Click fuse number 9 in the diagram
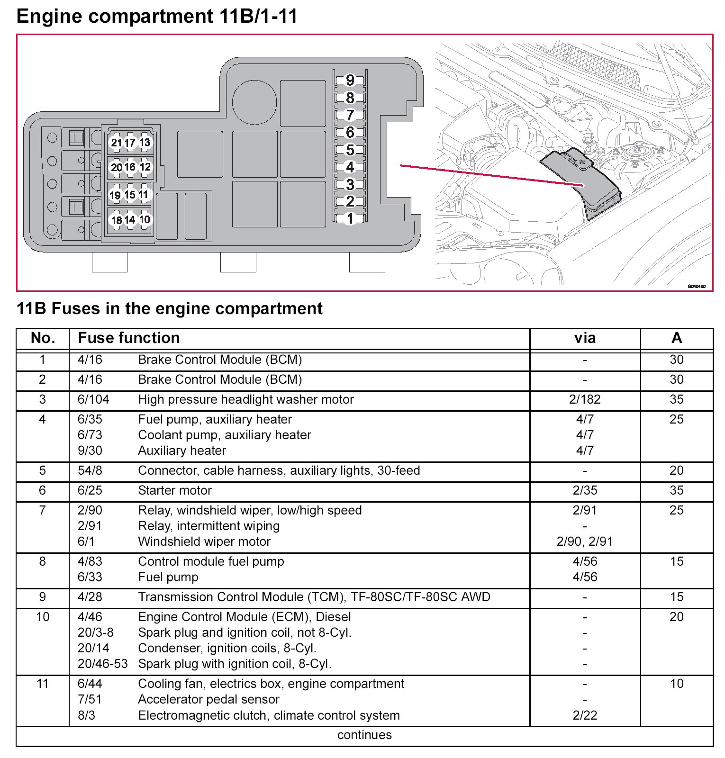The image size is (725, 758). [x=350, y=80]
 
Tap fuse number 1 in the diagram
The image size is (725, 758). [x=350, y=218]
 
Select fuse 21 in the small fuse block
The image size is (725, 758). [x=116, y=142]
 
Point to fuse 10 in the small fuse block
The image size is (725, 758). [x=145, y=219]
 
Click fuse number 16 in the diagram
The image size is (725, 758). [x=130, y=167]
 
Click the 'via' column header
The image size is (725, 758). [x=584, y=338]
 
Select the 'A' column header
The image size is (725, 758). [x=676, y=338]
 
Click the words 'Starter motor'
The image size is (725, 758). [x=175, y=490]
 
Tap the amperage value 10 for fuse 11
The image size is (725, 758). [x=676, y=684]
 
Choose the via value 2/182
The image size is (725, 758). [x=584, y=399]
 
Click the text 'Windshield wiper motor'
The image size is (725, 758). [x=204, y=541]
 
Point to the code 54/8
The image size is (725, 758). [x=90, y=470]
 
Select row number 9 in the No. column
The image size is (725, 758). [x=43, y=597]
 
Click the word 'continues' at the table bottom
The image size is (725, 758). [x=364, y=735]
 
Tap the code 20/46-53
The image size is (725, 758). [x=102, y=664]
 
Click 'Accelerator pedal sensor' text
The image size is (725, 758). [x=208, y=699]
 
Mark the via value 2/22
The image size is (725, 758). [x=584, y=715]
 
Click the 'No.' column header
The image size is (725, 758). [x=43, y=338]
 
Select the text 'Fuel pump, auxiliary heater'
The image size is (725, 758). [x=215, y=419]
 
